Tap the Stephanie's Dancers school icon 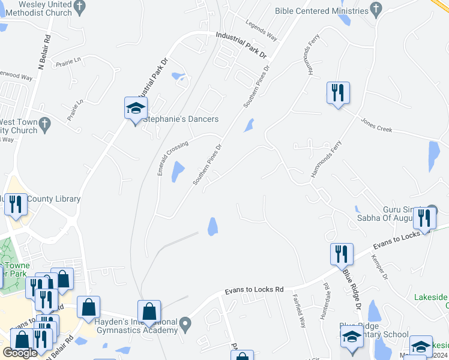(136, 109)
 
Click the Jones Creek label (376, 125)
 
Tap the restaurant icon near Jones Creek (338, 93)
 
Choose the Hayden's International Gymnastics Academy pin (185, 326)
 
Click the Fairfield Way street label (299, 310)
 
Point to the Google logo (20, 353)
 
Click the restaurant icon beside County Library (15, 204)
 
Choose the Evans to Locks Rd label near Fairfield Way (254, 290)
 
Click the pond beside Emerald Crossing (178, 172)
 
